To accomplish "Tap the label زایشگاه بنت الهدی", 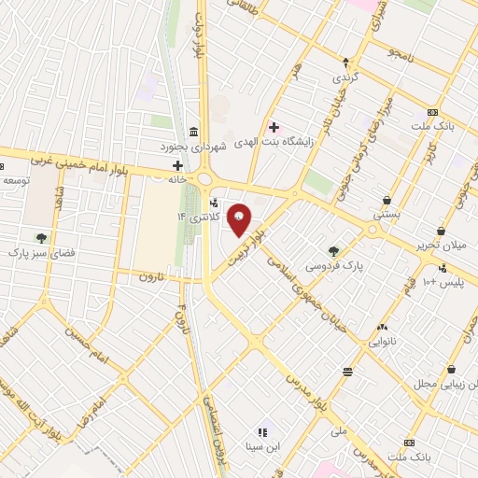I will [317, 141].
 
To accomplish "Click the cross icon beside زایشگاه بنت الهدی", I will [274, 127].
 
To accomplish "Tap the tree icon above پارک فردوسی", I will [333, 250].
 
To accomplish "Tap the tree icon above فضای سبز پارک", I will [39, 236].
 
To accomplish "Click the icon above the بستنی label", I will [387, 199].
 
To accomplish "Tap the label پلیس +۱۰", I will [444, 280].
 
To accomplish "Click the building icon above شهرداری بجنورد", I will [192, 131].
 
